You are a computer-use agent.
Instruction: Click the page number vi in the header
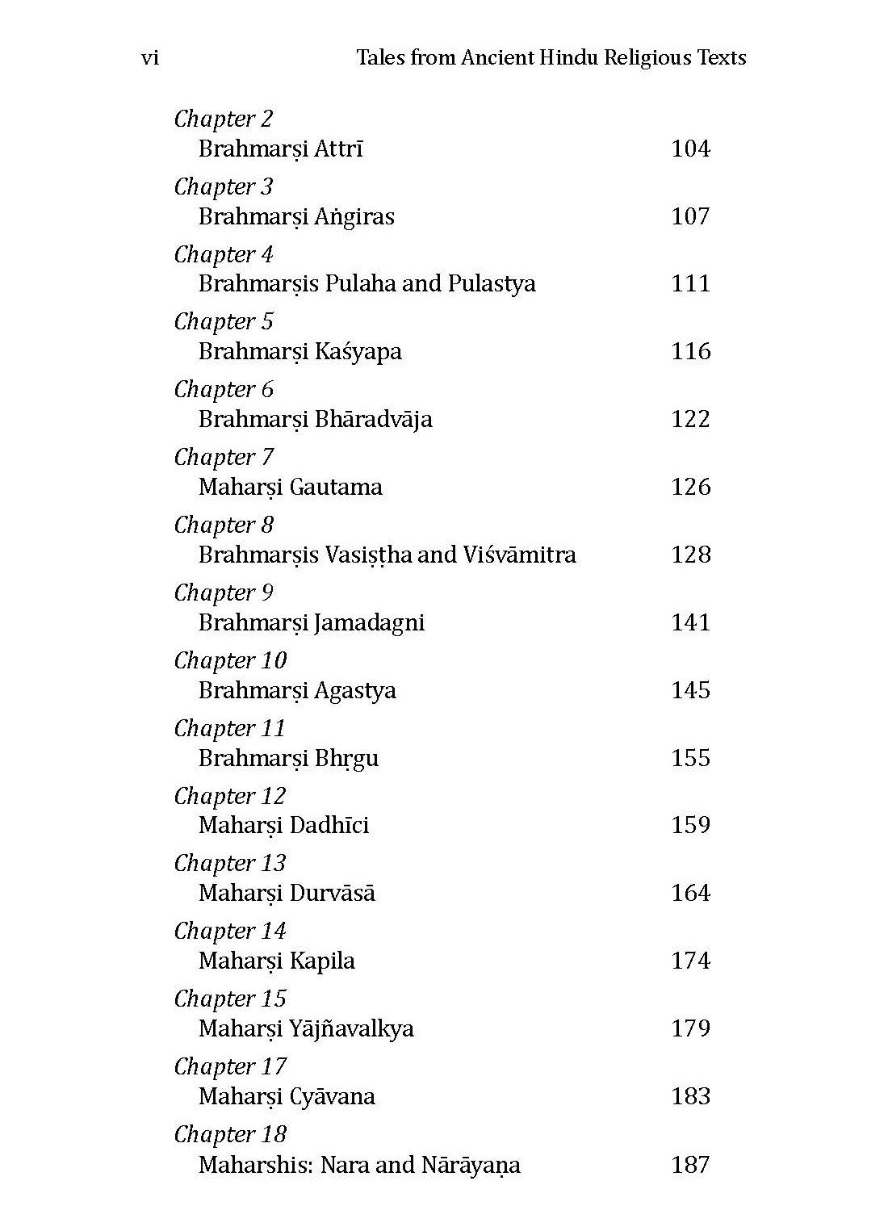(149, 58)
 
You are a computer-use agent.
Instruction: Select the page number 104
(690, 149)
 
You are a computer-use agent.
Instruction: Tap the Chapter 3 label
(224, 186)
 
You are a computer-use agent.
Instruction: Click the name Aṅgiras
(354, 216)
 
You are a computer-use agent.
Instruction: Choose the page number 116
(690, 351)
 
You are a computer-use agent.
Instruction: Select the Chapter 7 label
(224, 457)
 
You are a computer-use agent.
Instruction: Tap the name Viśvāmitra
(519, 555)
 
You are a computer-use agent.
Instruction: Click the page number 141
(690, 622)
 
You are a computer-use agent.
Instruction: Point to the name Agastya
(355, 690)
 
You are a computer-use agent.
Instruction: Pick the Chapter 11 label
(230, 728)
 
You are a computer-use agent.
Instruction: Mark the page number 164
(690, 893)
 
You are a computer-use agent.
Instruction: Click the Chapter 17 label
(230, 1066)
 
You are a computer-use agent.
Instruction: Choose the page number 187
(690, 1164)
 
